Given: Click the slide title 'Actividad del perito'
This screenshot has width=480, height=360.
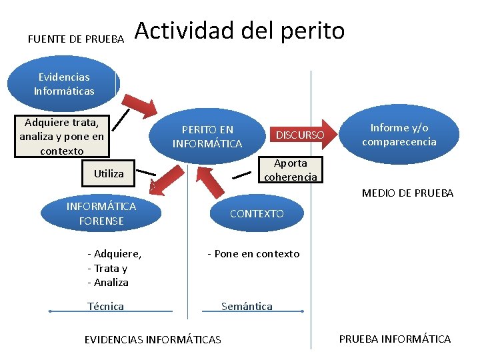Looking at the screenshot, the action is [x=239, y=31].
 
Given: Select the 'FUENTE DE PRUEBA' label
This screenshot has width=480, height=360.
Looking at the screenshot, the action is [x=76, y=39].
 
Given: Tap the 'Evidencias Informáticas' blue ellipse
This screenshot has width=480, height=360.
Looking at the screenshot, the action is [x=64, y=84].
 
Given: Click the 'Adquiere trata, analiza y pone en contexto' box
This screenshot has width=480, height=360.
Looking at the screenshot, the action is [x=61, y=137].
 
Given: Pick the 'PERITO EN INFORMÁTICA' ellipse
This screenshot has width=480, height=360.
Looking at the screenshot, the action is [x=207, y=136].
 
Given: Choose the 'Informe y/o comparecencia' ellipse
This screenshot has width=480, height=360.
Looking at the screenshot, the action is [x=399, y=135].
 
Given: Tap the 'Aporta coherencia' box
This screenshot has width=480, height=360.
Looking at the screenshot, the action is [x=291, y=170].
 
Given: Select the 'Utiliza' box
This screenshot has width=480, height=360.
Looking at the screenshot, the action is [x=109, y=173].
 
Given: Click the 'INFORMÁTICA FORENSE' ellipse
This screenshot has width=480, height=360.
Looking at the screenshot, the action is [x=101, y=213].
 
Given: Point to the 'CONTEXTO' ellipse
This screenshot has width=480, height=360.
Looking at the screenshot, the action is [x=257, y=213].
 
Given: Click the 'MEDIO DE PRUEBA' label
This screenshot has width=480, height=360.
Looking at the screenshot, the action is [x=407, y=193].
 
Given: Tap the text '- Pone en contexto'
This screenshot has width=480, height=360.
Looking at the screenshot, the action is [x=253, y=253].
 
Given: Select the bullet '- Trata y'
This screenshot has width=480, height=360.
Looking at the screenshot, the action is [x=107, y=268].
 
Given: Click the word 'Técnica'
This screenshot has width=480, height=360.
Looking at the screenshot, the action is [x=105, y=306].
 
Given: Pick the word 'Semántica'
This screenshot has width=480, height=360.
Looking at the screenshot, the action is [x=247, y=306].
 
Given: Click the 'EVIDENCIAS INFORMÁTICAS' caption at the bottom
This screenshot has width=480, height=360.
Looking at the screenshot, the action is [x=153, y=340].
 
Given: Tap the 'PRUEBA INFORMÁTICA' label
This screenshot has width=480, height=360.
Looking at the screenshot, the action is [x=395, y=339].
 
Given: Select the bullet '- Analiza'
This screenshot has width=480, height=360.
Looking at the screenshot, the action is [x=108, y=282].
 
